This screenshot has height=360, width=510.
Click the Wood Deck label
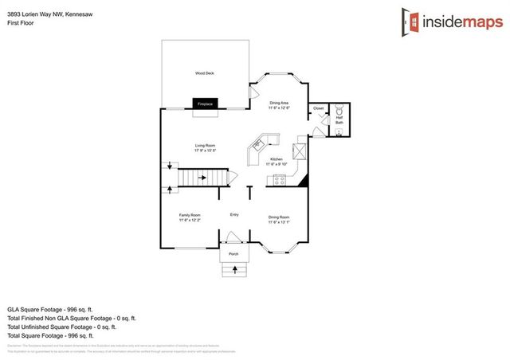pos(205,73)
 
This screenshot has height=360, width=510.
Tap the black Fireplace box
pos(205,104)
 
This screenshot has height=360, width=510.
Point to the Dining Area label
pos(279,104)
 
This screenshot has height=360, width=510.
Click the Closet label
pos(318,108)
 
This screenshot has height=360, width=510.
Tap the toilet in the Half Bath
pos(339,108)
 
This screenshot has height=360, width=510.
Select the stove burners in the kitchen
pos(280,180)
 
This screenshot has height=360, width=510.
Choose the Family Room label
pos(189,217)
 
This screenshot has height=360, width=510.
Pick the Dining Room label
pos(279,218)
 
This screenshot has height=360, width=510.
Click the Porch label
pos(233,253)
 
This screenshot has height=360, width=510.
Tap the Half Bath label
pos(339,119)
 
